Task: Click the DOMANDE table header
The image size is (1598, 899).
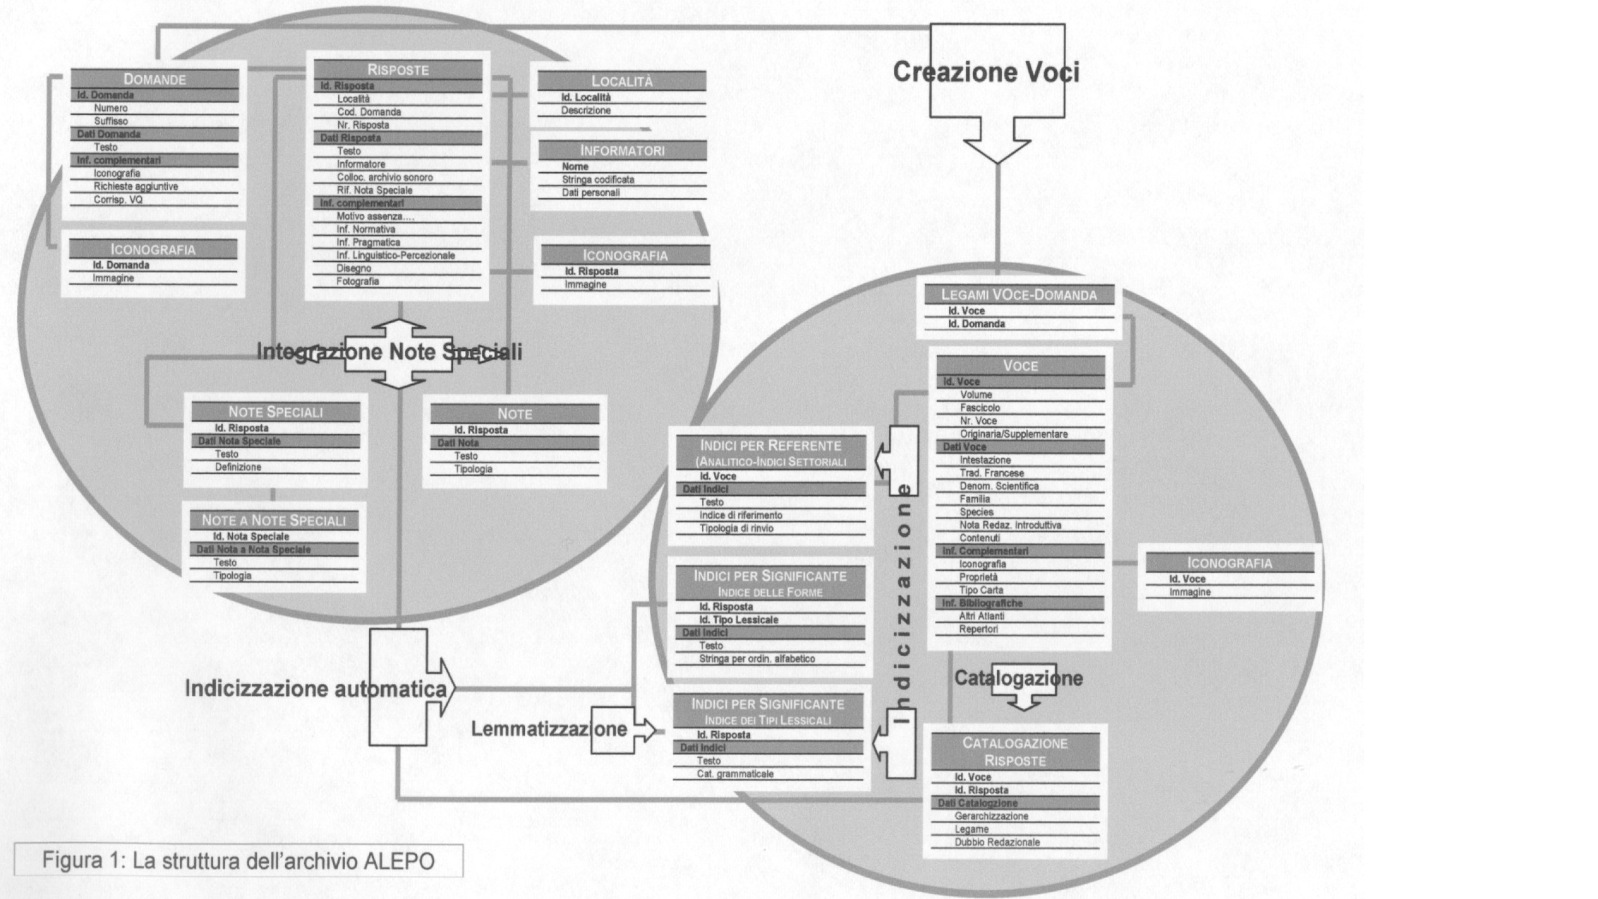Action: (x=155, y=79)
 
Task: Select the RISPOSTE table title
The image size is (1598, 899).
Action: (x=398, y=70)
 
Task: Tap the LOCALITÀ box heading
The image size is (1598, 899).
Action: (x=621, y=81)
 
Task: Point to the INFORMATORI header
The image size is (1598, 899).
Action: (x=622, y=151)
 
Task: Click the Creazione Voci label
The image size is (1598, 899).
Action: (x=985, y=72)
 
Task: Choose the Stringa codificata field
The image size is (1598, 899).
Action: (x=598, y=180)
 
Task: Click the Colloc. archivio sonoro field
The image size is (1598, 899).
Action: (x=385, y=177)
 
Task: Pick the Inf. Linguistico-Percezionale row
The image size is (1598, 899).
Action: (x=396, y=256)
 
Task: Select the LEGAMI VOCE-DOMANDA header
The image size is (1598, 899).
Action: (x=1019, y=295)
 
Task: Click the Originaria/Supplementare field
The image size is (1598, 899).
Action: (x=1014, y=434)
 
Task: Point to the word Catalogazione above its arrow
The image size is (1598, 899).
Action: (x=1018, y=678)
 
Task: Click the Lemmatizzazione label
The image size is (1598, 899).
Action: (x=549, y=729)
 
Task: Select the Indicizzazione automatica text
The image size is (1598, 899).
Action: (x=315, y=688)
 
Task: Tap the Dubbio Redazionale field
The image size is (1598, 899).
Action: (x=997, y=842)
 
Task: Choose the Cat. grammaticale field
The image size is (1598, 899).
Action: (x=735, y=774)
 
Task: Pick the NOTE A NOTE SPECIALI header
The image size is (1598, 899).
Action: (x=274, y=520)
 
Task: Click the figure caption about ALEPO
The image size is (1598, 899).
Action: (x=238, y=861)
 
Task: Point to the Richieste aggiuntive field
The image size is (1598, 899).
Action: (x=136, y=187)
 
